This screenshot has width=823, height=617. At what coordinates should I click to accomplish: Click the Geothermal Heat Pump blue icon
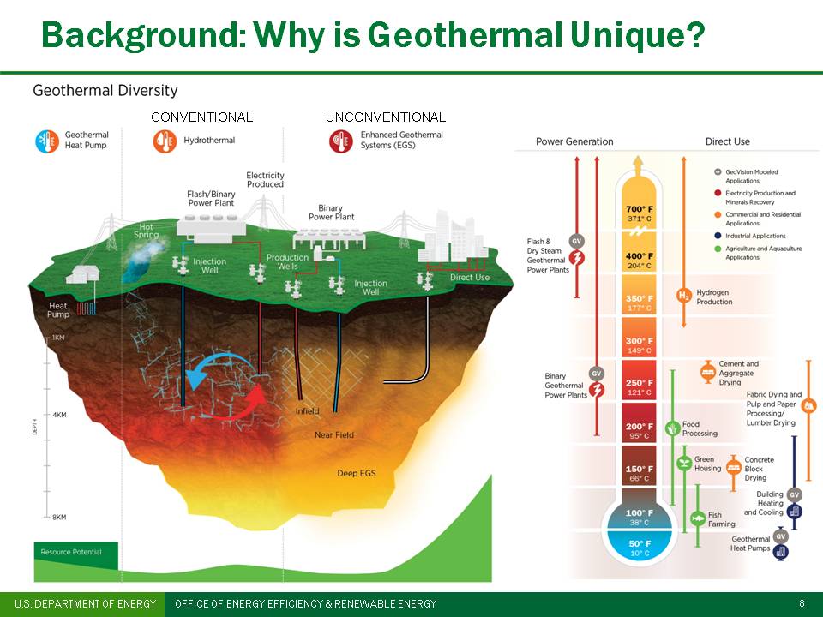[x=47, y=141]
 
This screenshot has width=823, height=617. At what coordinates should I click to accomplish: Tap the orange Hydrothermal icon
[x=165, y=141]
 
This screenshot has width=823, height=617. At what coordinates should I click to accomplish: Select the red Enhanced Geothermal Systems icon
[x=341, y=141]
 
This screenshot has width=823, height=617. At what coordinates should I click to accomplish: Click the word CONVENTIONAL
[x=201, y=117]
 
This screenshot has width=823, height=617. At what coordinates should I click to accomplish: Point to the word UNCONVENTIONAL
[x=386, y=117]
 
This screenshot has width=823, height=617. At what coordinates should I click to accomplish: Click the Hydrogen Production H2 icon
[x=683, y=297]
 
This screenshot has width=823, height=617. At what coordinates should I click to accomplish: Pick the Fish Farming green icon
[x=699, y=519]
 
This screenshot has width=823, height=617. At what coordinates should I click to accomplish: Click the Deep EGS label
[x=357, y=474]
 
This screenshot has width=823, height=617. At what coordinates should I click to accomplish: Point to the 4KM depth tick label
[x=59, y=415]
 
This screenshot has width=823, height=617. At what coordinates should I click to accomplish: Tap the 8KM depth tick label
[x=59, y=518]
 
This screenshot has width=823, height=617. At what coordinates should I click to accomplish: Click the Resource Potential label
[x=70, y=552]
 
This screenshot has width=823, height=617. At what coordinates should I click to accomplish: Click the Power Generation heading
[x=574, y=141]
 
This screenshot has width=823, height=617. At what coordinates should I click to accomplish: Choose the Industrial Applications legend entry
[x=754, y=236]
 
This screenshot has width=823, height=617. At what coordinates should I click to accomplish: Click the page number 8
[x=802, y=604]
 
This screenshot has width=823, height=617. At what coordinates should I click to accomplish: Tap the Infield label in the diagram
[x=307, y=411]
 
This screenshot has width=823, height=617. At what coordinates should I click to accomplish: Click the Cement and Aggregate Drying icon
[x=708, y=371]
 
